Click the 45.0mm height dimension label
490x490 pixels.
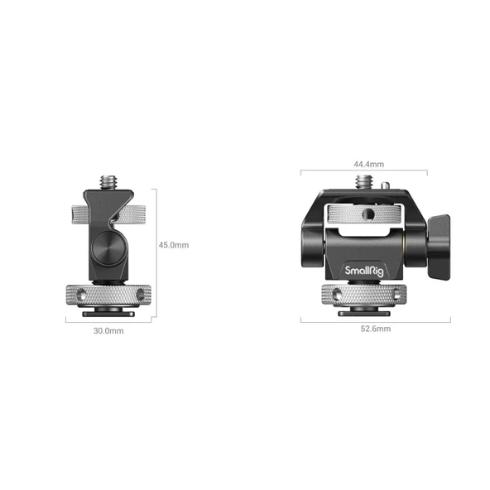174,245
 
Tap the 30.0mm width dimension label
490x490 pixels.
108,331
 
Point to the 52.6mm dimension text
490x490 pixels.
375,329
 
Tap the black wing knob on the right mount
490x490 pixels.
439,246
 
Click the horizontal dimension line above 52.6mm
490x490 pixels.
375,319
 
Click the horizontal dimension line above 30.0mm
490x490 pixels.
108,322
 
